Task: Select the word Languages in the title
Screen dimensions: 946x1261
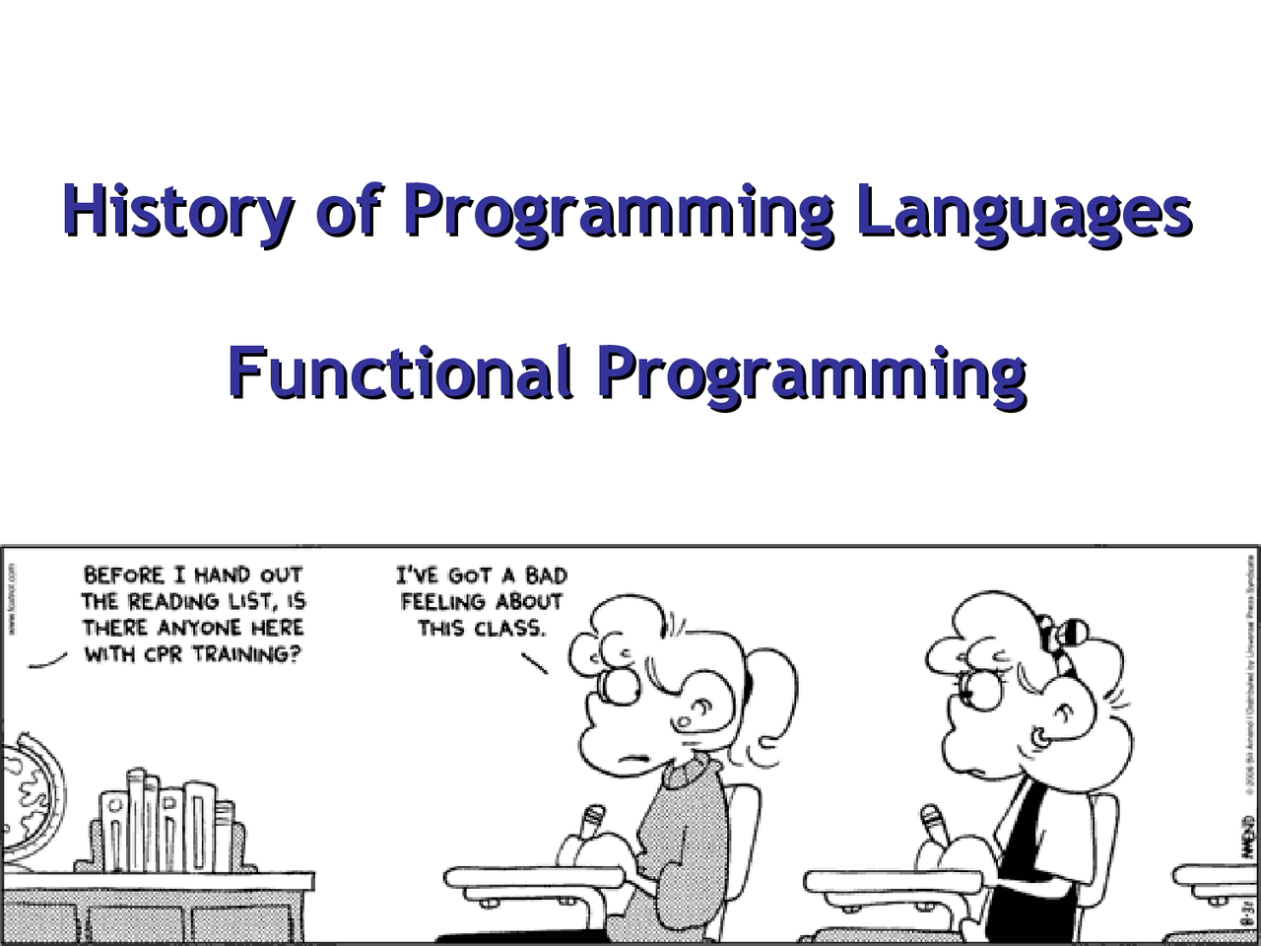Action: tap(1025, 210)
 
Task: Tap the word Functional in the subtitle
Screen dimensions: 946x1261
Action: tap(400, 372)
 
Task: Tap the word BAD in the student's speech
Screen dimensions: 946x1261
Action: tap(544, 575)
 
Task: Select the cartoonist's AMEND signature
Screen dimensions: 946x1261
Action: tap(1246, 838)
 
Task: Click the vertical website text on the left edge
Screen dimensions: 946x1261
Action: tap(11, 601)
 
